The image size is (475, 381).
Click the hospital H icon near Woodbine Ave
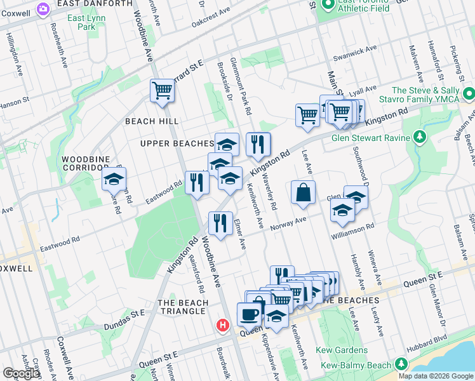222,325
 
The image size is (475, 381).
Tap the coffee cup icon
249,314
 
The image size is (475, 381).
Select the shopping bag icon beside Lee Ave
304,192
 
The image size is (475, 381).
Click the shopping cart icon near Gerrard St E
162,91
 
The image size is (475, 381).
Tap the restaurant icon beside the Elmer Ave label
220,225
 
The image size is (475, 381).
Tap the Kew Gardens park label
343,351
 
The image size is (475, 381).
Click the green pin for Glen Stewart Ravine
419,137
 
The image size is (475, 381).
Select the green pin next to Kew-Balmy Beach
401,364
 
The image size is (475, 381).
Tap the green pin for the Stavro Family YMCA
469,95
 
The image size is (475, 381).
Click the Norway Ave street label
289,224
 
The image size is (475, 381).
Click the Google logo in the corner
21,373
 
